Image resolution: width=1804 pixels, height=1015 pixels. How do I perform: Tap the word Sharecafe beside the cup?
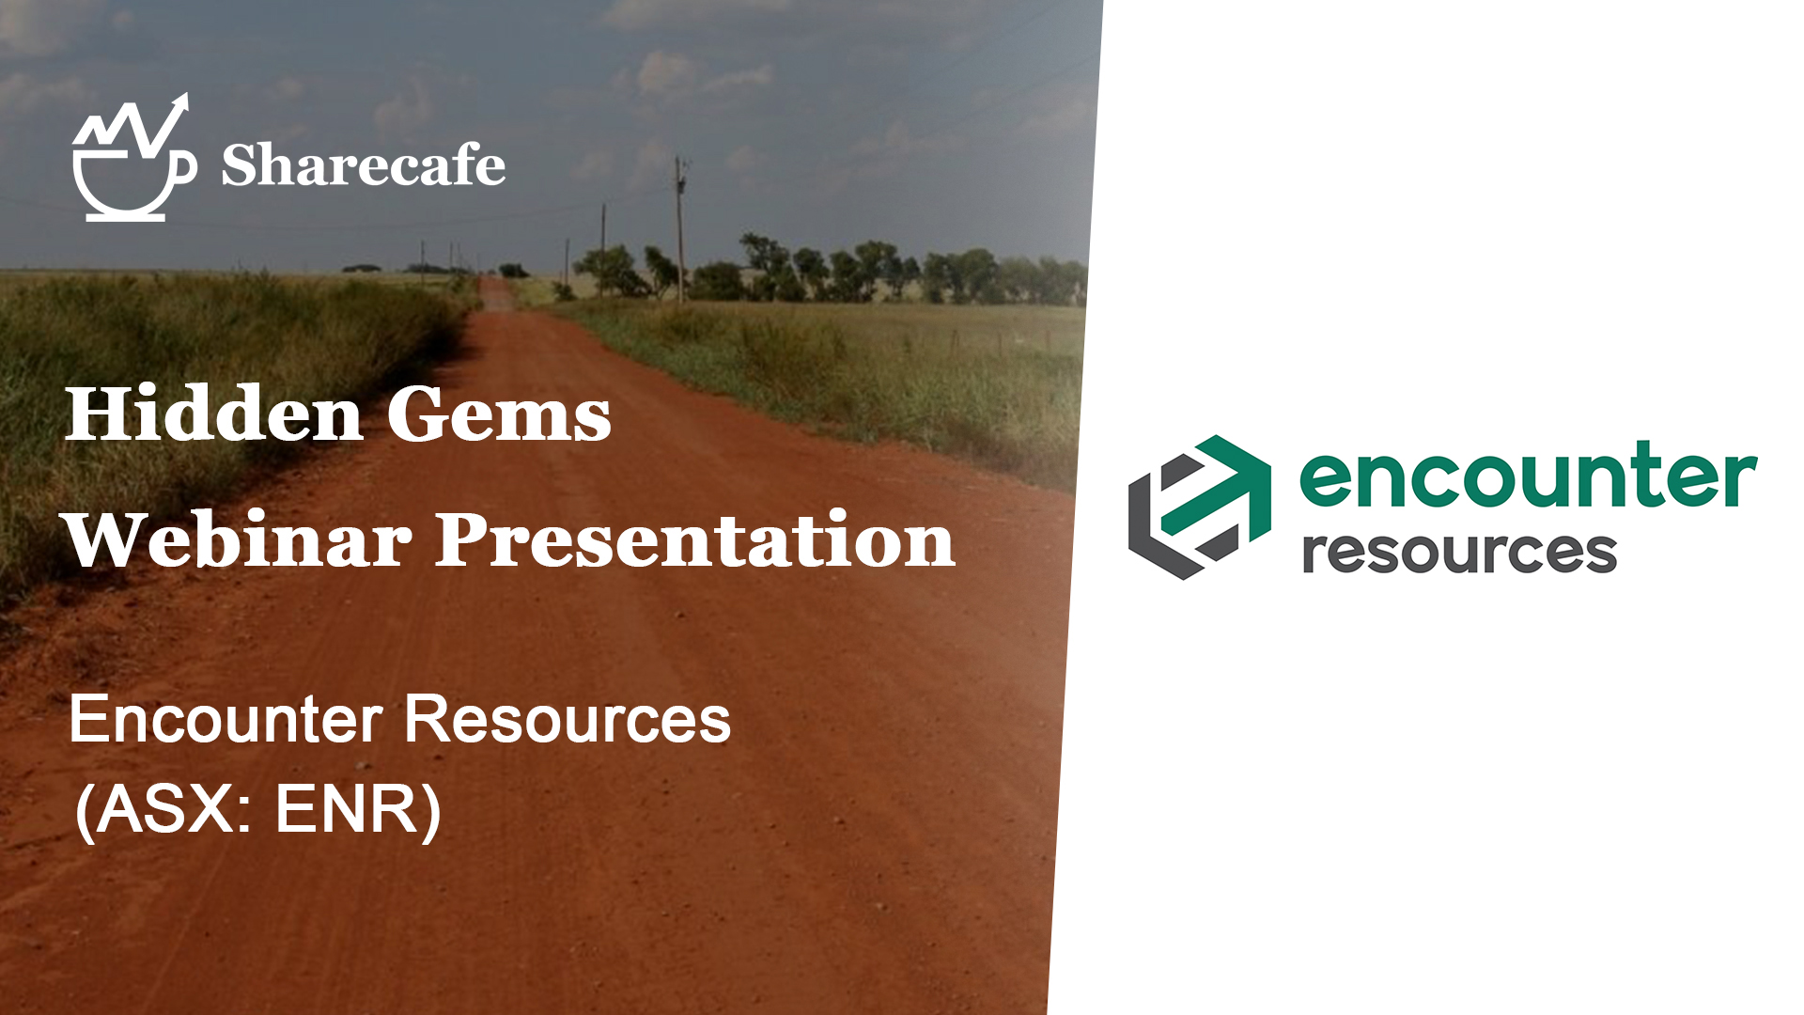[x=364, y=165]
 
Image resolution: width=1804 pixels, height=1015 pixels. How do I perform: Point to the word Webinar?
[x=239, y=539]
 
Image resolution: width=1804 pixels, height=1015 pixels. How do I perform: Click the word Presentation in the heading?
[x=695, y=539]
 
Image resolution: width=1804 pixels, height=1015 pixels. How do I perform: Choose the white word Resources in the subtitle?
[x=568, y=720]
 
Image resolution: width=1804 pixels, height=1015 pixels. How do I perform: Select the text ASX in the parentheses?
[x=165, y=808]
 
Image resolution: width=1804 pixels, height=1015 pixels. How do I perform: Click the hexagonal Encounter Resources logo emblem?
[x=1200, y=507]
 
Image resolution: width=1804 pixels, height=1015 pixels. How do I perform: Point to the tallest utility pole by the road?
[x=679, y=229]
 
